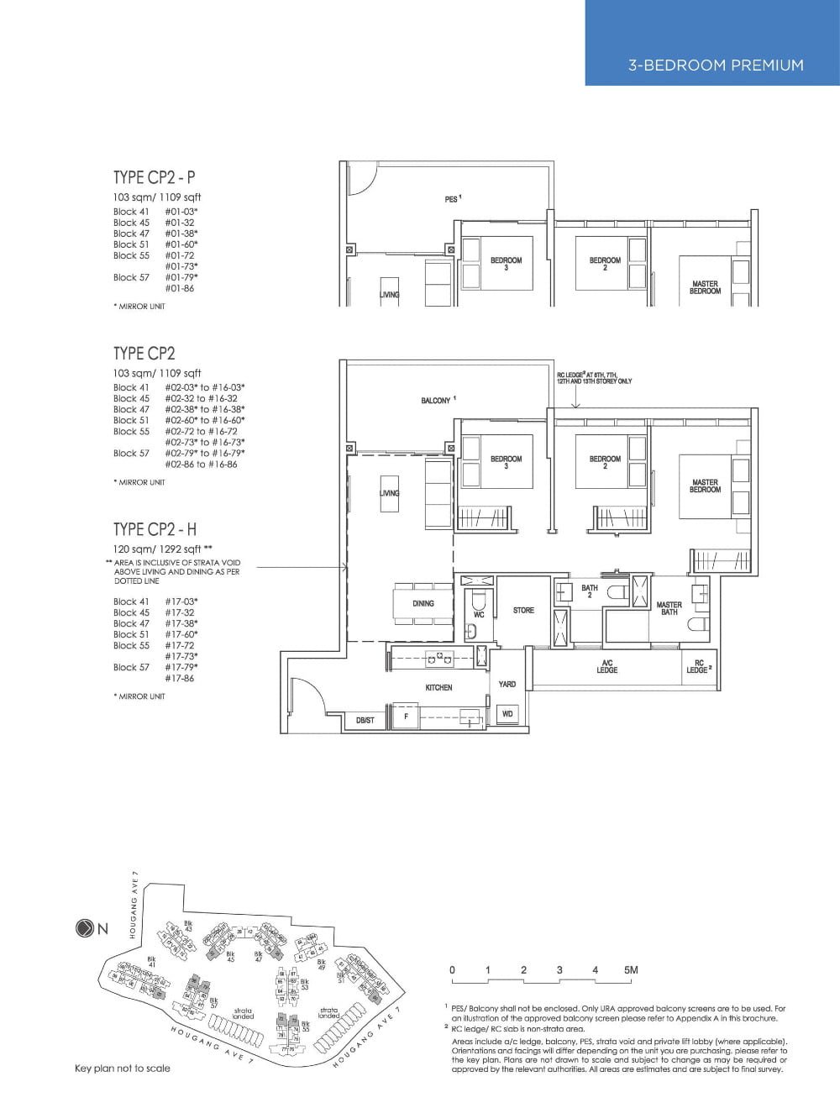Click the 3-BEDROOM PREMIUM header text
tap(715, 66)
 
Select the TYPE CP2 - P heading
tap(155, 177)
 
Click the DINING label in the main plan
tap(423, 603)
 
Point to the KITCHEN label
tap(438, 687)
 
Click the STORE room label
tap(523, 610)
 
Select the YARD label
tap(507, 684)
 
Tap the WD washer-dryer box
tap(507, 714)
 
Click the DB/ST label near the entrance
tap(365, 721)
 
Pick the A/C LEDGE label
tap(606, 666)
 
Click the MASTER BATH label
tap(669, 608)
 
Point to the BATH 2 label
tap(590, 591)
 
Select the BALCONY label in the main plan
tap(437, 401)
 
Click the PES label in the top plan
tap(452, 199)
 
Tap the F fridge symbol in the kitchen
tap(406, 717)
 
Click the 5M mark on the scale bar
tap(631, 970)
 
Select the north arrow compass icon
tap(84, 928)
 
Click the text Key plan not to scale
tap(122, 1069)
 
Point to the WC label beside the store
tap(479, 614)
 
